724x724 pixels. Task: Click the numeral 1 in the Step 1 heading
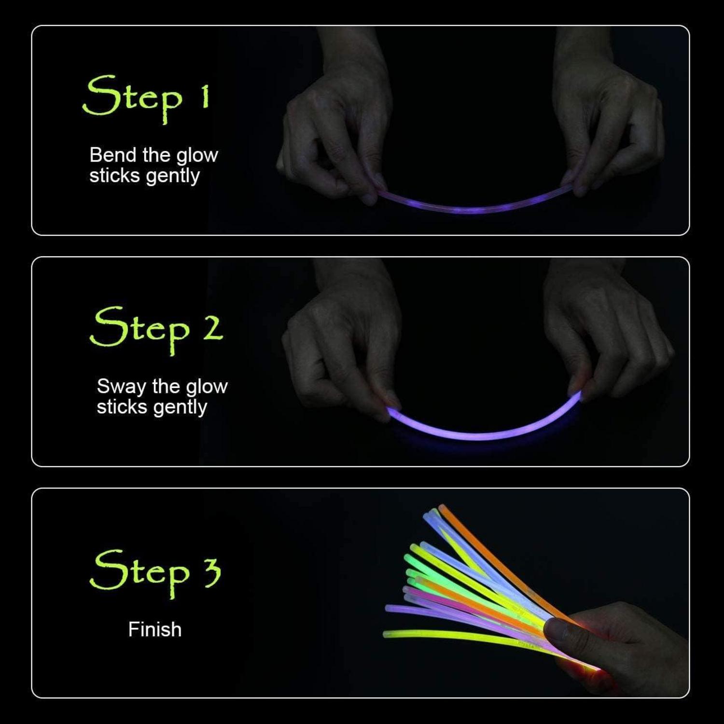tap(205, 96)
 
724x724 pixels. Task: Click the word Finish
tap(155, 629)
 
